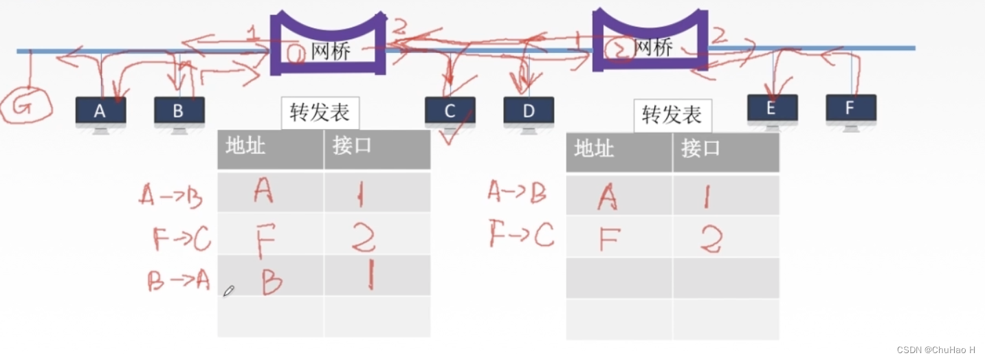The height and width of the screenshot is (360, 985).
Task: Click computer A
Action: click(100, 111)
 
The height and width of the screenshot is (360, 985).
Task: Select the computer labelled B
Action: click(179, 111)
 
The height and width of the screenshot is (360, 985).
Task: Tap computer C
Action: click(450, 112)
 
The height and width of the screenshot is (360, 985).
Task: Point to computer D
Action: click(528, 112)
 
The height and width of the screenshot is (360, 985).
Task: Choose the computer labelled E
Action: click(772, 109)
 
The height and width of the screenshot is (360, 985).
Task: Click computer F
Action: click(850, 109)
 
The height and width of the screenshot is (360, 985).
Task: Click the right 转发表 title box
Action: click(672, 115)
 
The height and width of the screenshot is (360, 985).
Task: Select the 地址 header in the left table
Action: click(245, 146)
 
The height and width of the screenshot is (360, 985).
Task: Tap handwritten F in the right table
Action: click(609, 239)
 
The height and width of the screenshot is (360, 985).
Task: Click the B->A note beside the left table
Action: click(178, 280)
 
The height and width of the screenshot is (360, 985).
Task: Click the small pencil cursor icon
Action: click(228, 291)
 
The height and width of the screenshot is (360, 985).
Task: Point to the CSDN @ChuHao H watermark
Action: click(938, 350)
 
